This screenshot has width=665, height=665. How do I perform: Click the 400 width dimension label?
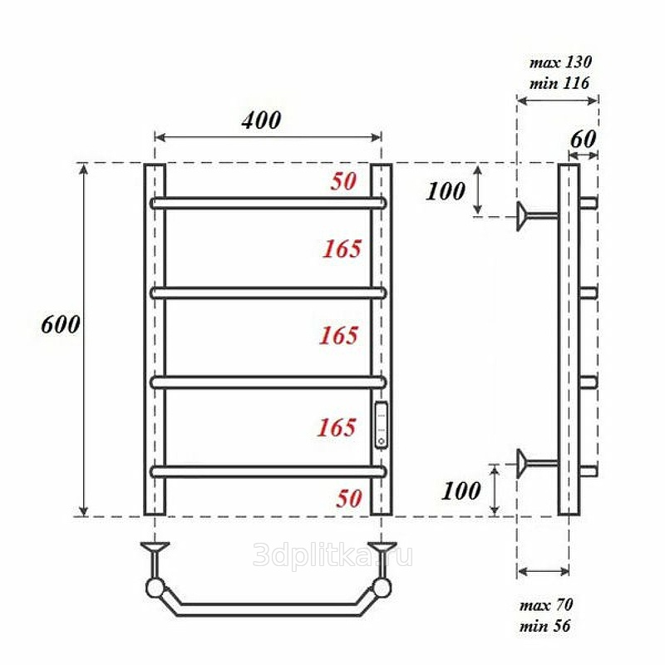point(261,120)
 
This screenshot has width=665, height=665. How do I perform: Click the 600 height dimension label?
point(61,325)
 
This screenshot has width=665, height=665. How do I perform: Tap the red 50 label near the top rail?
point(343,181)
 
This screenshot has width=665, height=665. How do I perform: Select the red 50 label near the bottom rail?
point(349,498)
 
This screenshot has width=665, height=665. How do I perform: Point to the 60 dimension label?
point(584,139)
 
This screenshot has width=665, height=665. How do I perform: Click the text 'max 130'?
point(560,62)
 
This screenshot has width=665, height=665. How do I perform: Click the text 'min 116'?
point(559,82)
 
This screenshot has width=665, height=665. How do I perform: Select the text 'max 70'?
point(546,605)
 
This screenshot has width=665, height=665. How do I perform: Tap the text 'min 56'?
point(545,626)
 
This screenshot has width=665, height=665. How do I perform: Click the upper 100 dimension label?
point(446,191)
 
